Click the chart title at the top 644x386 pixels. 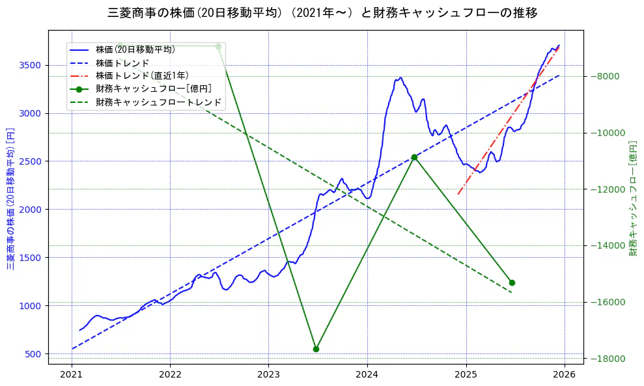click(322, 12)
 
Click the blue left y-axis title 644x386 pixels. click(10, 199)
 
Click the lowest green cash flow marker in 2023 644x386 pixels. click(316, 349)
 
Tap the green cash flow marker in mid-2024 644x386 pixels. click(414, 157)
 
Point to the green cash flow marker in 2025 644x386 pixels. click(512, 283)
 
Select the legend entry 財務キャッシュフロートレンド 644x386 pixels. click(158, 102)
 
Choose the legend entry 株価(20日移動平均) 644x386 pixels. click(135, 49)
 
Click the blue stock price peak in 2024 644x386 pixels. click(400, 78)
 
